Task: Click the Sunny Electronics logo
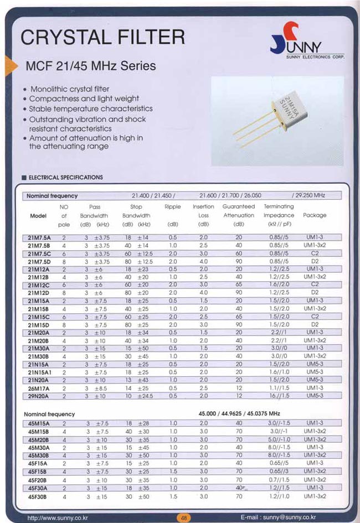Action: coord(307,41)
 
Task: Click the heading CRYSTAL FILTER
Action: coord(102,37)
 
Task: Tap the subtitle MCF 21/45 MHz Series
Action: coord(91,66)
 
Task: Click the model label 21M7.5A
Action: coord(39,237)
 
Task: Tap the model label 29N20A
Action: coord(39,396)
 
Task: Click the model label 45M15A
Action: coord(39,423)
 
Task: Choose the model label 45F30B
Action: coord(39,497)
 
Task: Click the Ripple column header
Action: coord(172,207)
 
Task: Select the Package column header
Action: coord(315,215)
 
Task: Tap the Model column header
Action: coord(38,216)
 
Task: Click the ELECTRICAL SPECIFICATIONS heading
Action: coord(65,178)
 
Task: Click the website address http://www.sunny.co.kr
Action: coord(58,517)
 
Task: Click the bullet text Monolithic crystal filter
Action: coord(69,89)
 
